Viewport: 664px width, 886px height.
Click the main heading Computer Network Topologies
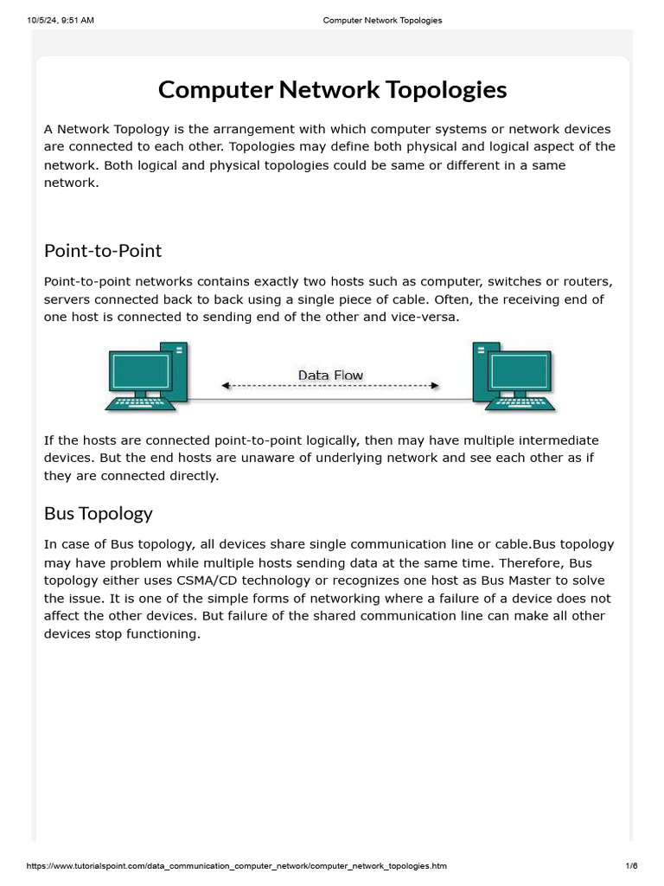332,90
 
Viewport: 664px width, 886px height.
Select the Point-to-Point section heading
103,251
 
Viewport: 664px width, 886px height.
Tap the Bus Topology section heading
98,513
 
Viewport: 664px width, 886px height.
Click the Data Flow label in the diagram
330,375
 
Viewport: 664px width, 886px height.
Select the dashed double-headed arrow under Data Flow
330,386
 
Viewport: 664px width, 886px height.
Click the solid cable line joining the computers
330,400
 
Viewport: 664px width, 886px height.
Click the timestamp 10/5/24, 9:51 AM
61,21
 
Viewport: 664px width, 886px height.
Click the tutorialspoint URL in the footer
237,866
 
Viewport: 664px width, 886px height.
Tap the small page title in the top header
382,21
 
